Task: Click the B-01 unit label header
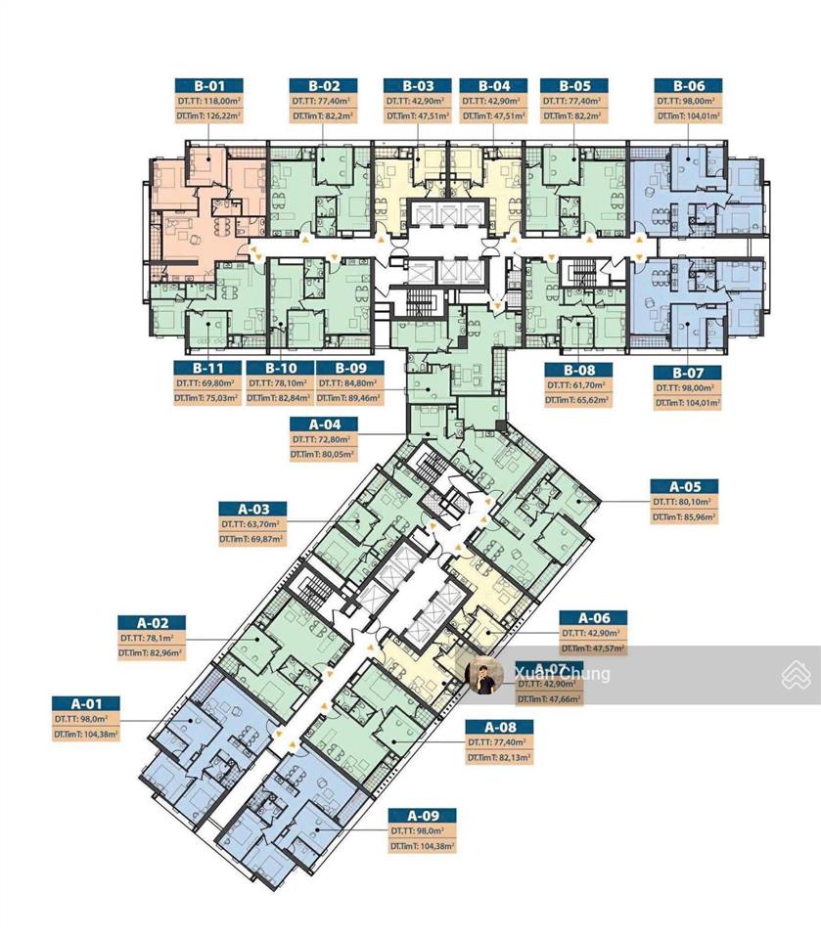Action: tap(208, 85)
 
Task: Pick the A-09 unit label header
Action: tap(422, 816)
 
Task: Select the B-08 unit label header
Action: tap(577, 370)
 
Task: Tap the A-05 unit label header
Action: tap(684, 486)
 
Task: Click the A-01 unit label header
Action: tap(86, 702)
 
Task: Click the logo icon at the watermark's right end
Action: tap(796, 674)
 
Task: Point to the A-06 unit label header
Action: tap(593, 618)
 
